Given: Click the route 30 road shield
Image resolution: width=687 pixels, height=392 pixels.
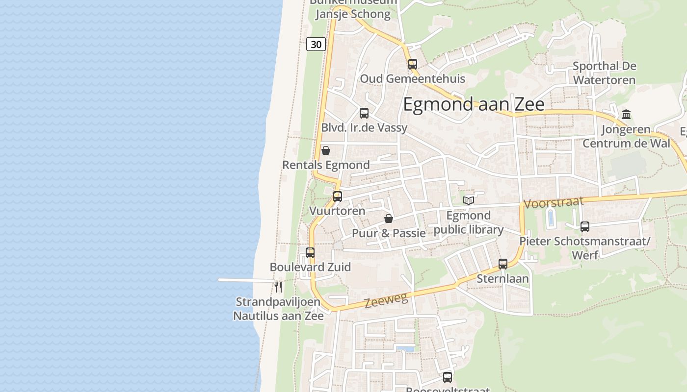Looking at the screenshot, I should pyautogui.click(x=316, y=44).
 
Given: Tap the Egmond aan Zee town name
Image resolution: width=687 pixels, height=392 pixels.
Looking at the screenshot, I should pyautogui.click(x=474, y=104).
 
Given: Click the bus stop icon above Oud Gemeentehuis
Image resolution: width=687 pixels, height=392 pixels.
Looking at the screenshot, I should pyautogui.click(x=412, y=64).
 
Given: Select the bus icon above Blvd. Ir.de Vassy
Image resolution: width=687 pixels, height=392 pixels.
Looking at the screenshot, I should pyautogui.click(x=364, y=113).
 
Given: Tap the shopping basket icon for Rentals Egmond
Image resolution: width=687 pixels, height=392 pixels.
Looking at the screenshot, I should pyautogui.click(x=325, y=150).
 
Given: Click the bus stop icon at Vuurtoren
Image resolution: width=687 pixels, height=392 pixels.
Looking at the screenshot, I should pyautogui.click(x=337, y=196).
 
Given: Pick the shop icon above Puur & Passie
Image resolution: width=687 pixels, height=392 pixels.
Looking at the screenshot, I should pyautogui.click(x=388, y=219).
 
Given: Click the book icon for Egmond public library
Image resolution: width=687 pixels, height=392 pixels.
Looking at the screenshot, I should pyautogui.click(x=469, y=200).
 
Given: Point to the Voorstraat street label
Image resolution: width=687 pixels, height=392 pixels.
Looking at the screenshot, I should pyautogui.click(x=554, y=202).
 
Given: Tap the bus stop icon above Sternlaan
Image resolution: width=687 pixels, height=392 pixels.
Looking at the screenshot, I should pyautogui.click(x=502, y=264).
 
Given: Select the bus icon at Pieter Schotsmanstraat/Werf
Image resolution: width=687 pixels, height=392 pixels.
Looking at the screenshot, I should pyautogui.click(x=584, y=227).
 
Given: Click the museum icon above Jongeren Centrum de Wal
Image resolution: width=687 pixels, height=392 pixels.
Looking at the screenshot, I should pyautogui.click(x=626, y=115).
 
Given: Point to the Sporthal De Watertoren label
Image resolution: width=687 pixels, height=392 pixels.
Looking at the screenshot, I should pyautogui.click(x=604, y=73).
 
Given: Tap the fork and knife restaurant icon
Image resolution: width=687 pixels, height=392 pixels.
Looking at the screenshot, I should pyautogui.click(x=278, y=286).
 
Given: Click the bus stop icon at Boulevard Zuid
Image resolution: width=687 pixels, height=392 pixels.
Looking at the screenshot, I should pyautogui.click(x=310, y=253).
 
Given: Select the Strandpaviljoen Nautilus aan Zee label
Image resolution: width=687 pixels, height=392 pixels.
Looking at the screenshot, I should pyautogui.click(x=278, y=309).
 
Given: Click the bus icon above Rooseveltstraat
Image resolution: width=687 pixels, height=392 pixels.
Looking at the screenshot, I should pyautogui.click(x=447, y=377).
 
